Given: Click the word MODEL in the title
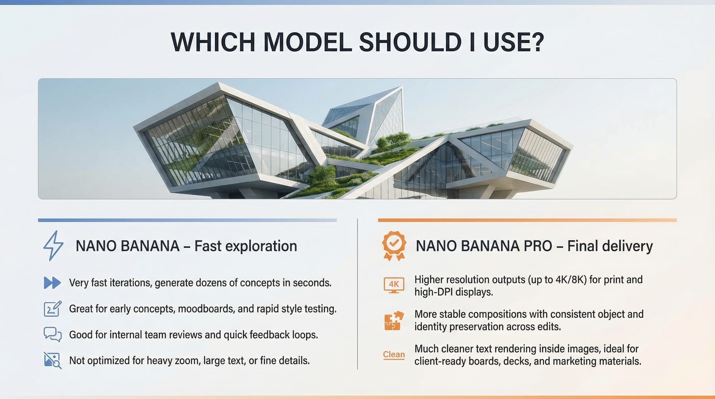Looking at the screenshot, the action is coord(307,42).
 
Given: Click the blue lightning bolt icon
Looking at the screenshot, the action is coord(53,246).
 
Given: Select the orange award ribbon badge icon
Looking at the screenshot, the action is coord(394,246).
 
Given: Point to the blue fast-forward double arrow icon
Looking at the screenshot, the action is coord(52,283).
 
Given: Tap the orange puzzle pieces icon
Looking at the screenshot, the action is coord(394,320).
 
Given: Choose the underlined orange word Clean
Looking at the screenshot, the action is coord(394,355).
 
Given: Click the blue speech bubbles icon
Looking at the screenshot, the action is coord(53,335).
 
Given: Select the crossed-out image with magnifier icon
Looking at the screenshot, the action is coord(53,360).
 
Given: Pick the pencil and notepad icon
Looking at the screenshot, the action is coord(53,309).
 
